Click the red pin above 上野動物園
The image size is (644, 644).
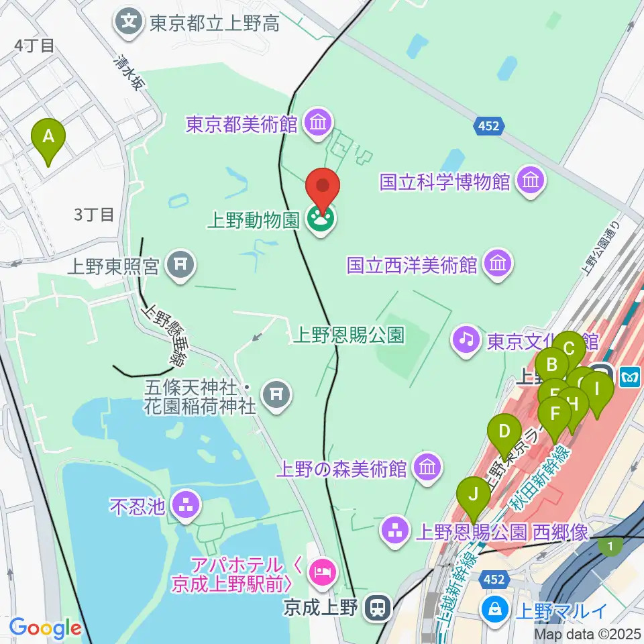click(323, 187)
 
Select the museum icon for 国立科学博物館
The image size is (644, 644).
click(531, 181)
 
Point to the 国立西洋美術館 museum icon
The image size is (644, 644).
click(498, 264)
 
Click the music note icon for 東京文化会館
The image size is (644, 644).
click(466, 340)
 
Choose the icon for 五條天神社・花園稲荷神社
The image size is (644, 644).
click(276, 396)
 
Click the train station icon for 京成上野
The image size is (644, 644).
click(378, 608)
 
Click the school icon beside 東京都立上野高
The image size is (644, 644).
click(128, 22)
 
